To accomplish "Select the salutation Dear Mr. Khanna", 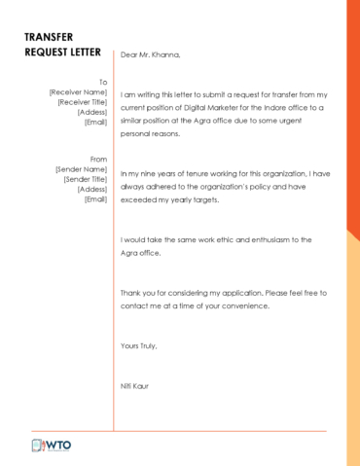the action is click(151, 55).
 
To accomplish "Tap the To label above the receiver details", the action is click(102, 82).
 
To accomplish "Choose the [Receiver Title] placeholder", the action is click(82, 101).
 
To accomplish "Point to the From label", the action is click(98, 159).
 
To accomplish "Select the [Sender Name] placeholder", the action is click(81, 168).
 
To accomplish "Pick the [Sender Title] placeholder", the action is click(85, 179).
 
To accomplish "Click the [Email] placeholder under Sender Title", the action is click(95, 198).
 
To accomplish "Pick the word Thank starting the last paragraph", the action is click(131, 293).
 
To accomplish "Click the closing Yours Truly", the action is click(138, 346).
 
